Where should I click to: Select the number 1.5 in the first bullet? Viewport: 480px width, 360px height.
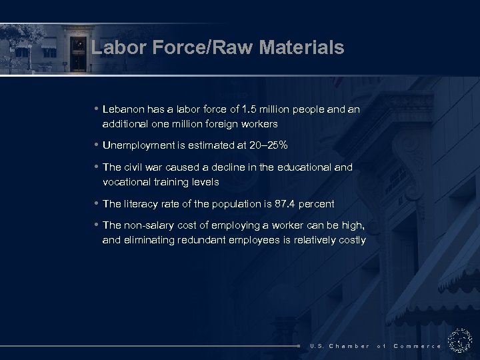[250, 109]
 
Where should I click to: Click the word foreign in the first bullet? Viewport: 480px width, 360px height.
[227, 124]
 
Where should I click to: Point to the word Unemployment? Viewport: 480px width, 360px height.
[138, 145]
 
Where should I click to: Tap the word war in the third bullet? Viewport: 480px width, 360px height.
[157, 167]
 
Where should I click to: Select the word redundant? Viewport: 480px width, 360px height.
[205, 240]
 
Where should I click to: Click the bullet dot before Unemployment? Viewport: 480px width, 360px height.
[97, 145]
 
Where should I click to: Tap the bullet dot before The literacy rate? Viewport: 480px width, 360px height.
[97, 203]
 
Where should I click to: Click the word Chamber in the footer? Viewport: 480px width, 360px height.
[349, 346]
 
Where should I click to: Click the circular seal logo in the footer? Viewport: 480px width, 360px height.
[460, 341]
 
